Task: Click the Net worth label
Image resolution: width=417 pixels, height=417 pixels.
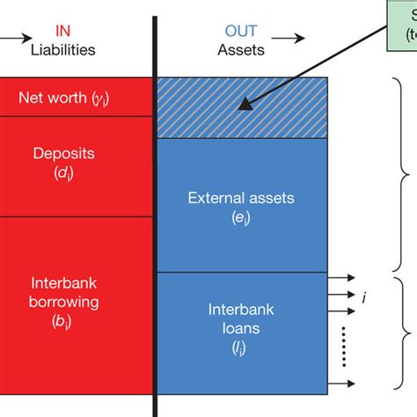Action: [x=76, y=97]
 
